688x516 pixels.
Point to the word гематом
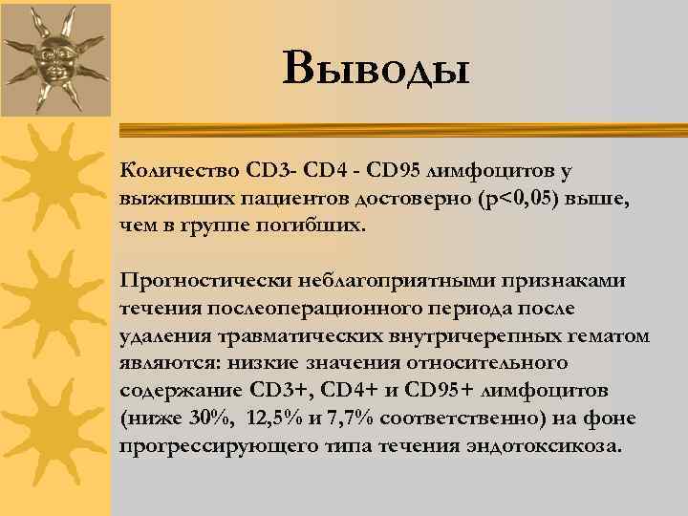[x=611, y=336]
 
